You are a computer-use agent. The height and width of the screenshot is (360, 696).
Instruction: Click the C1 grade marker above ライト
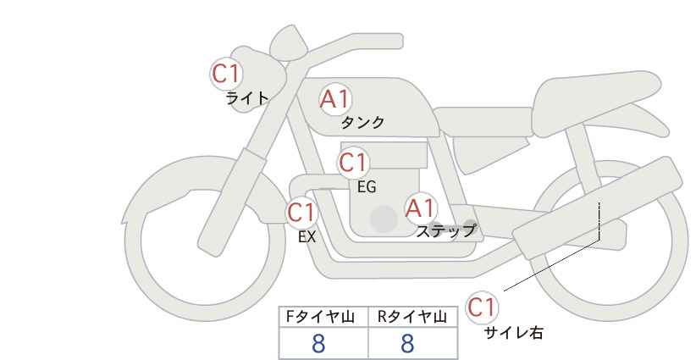point(226,74)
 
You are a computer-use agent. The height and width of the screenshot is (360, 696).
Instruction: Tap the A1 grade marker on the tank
point(335,99)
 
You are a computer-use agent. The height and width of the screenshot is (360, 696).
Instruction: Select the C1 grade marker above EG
point(353,163)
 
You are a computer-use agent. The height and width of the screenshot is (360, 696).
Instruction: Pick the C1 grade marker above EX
point(301,213)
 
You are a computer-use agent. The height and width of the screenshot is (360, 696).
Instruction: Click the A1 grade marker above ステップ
point(421,208)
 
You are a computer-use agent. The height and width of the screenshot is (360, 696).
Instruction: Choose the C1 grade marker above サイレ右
point(482,307)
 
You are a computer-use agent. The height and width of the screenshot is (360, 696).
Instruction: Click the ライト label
point(247,98)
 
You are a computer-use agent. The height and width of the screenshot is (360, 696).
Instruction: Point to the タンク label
point(362,122)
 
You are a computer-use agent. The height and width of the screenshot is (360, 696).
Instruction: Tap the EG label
point(367,187)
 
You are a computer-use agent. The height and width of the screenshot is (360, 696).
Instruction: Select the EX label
point(307,237)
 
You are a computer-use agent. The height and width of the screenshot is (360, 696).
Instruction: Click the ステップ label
point(445,231)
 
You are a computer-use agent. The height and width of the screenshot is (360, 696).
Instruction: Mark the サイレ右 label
point(513,333)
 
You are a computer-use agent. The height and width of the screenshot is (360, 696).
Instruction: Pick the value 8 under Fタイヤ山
point(318,344)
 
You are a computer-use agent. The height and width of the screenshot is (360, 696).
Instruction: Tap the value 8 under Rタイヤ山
point(407,344)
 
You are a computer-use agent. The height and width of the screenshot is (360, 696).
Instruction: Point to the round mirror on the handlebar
point(289,42)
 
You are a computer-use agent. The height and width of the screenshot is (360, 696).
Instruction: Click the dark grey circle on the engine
point(384,219)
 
